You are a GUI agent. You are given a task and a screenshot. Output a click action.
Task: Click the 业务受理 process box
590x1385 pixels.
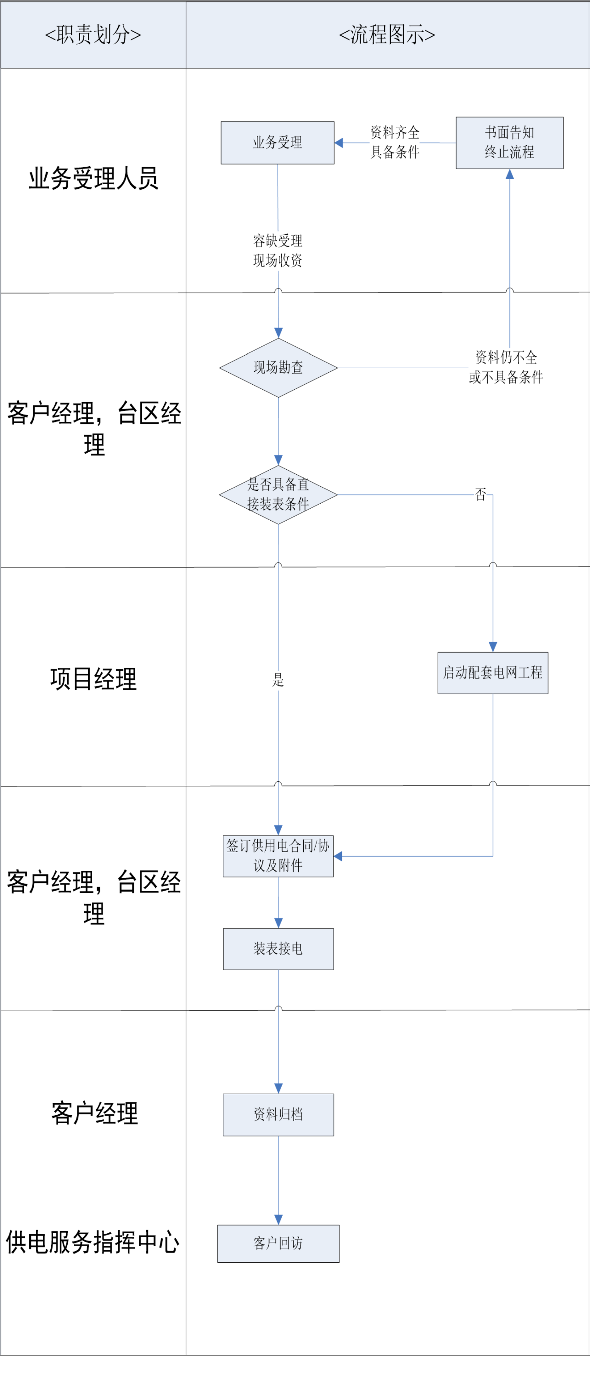tap(277, 142)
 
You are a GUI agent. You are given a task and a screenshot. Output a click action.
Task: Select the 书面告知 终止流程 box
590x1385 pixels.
tap(509, 142)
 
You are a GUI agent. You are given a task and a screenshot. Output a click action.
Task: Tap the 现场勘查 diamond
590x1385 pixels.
tap(278, 368)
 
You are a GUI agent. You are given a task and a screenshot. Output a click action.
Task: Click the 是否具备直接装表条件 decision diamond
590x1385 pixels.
tap(278, 495)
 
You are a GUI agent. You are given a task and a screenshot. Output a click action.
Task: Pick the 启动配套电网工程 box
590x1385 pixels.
tap(493, 673)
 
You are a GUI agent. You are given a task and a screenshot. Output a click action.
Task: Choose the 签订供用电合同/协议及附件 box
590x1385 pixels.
tap(278, 856)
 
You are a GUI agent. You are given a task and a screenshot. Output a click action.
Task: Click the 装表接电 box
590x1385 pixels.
tap(278, 949)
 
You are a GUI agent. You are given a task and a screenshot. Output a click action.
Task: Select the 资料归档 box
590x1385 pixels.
tap(278, 1115)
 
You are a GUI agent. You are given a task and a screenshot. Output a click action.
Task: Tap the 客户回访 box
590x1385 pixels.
tap(278, 1244)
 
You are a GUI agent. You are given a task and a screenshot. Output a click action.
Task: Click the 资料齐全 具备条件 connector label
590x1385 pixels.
tap(395, 142)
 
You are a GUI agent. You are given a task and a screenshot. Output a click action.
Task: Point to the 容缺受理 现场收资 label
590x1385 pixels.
tap(277, 251)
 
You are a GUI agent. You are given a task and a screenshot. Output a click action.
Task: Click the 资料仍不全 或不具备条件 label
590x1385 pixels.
tap(506, 367)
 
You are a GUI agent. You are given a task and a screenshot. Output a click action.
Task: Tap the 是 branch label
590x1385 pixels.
tap(277, 680)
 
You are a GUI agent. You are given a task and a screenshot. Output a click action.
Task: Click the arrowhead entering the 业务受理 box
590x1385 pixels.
tap(339, 142)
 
